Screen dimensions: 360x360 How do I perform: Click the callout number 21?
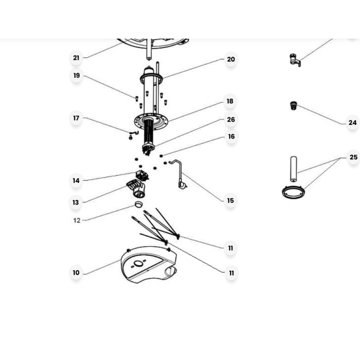[76, 57]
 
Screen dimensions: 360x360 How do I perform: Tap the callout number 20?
[231, 59]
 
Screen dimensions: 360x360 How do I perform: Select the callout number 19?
[77, 75]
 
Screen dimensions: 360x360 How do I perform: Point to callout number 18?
[230, 101]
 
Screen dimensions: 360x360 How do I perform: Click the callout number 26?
[231, 119]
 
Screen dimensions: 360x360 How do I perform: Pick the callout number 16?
[231, 137]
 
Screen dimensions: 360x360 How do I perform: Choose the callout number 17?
[76, 118]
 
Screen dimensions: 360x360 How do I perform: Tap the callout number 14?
[76, 180]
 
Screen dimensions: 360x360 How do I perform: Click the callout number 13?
[76, 202]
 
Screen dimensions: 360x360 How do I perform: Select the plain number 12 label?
[77, 221]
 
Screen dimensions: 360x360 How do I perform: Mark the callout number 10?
[76, 273]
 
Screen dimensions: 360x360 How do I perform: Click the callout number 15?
[230, 200]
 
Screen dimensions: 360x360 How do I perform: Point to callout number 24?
[352, 123]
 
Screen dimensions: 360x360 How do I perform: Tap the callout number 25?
[353, 157]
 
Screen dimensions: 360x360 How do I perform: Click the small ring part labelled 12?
[138, 204]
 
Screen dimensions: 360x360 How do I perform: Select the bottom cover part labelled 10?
[149, 265]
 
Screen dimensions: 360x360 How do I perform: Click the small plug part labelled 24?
[293, 106]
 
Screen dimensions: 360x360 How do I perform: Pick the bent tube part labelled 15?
[179, 174]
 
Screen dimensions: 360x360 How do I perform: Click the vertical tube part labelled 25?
[293, 169]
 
